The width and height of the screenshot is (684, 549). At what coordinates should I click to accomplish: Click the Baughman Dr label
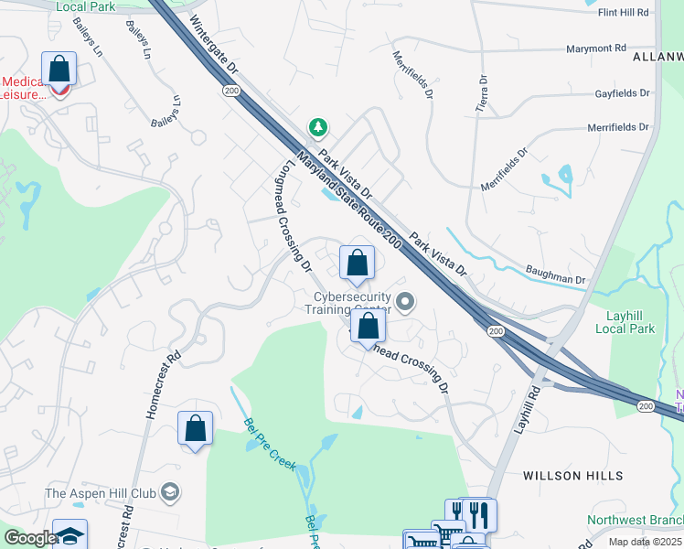click(555, 273)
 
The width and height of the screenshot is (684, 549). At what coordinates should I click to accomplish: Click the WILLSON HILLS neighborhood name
click(572, 476)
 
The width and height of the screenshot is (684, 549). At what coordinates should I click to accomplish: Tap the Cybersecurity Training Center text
click(352, 303)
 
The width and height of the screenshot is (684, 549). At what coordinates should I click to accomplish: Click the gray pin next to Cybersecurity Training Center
click(407, 301)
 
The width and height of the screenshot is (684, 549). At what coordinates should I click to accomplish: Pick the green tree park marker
click(317, 127)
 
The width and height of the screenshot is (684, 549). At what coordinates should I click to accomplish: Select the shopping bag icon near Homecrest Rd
click(196, 428)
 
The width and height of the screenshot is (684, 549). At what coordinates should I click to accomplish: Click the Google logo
click(29, 538)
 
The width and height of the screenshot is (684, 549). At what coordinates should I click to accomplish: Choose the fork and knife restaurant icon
click(476, 515)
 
